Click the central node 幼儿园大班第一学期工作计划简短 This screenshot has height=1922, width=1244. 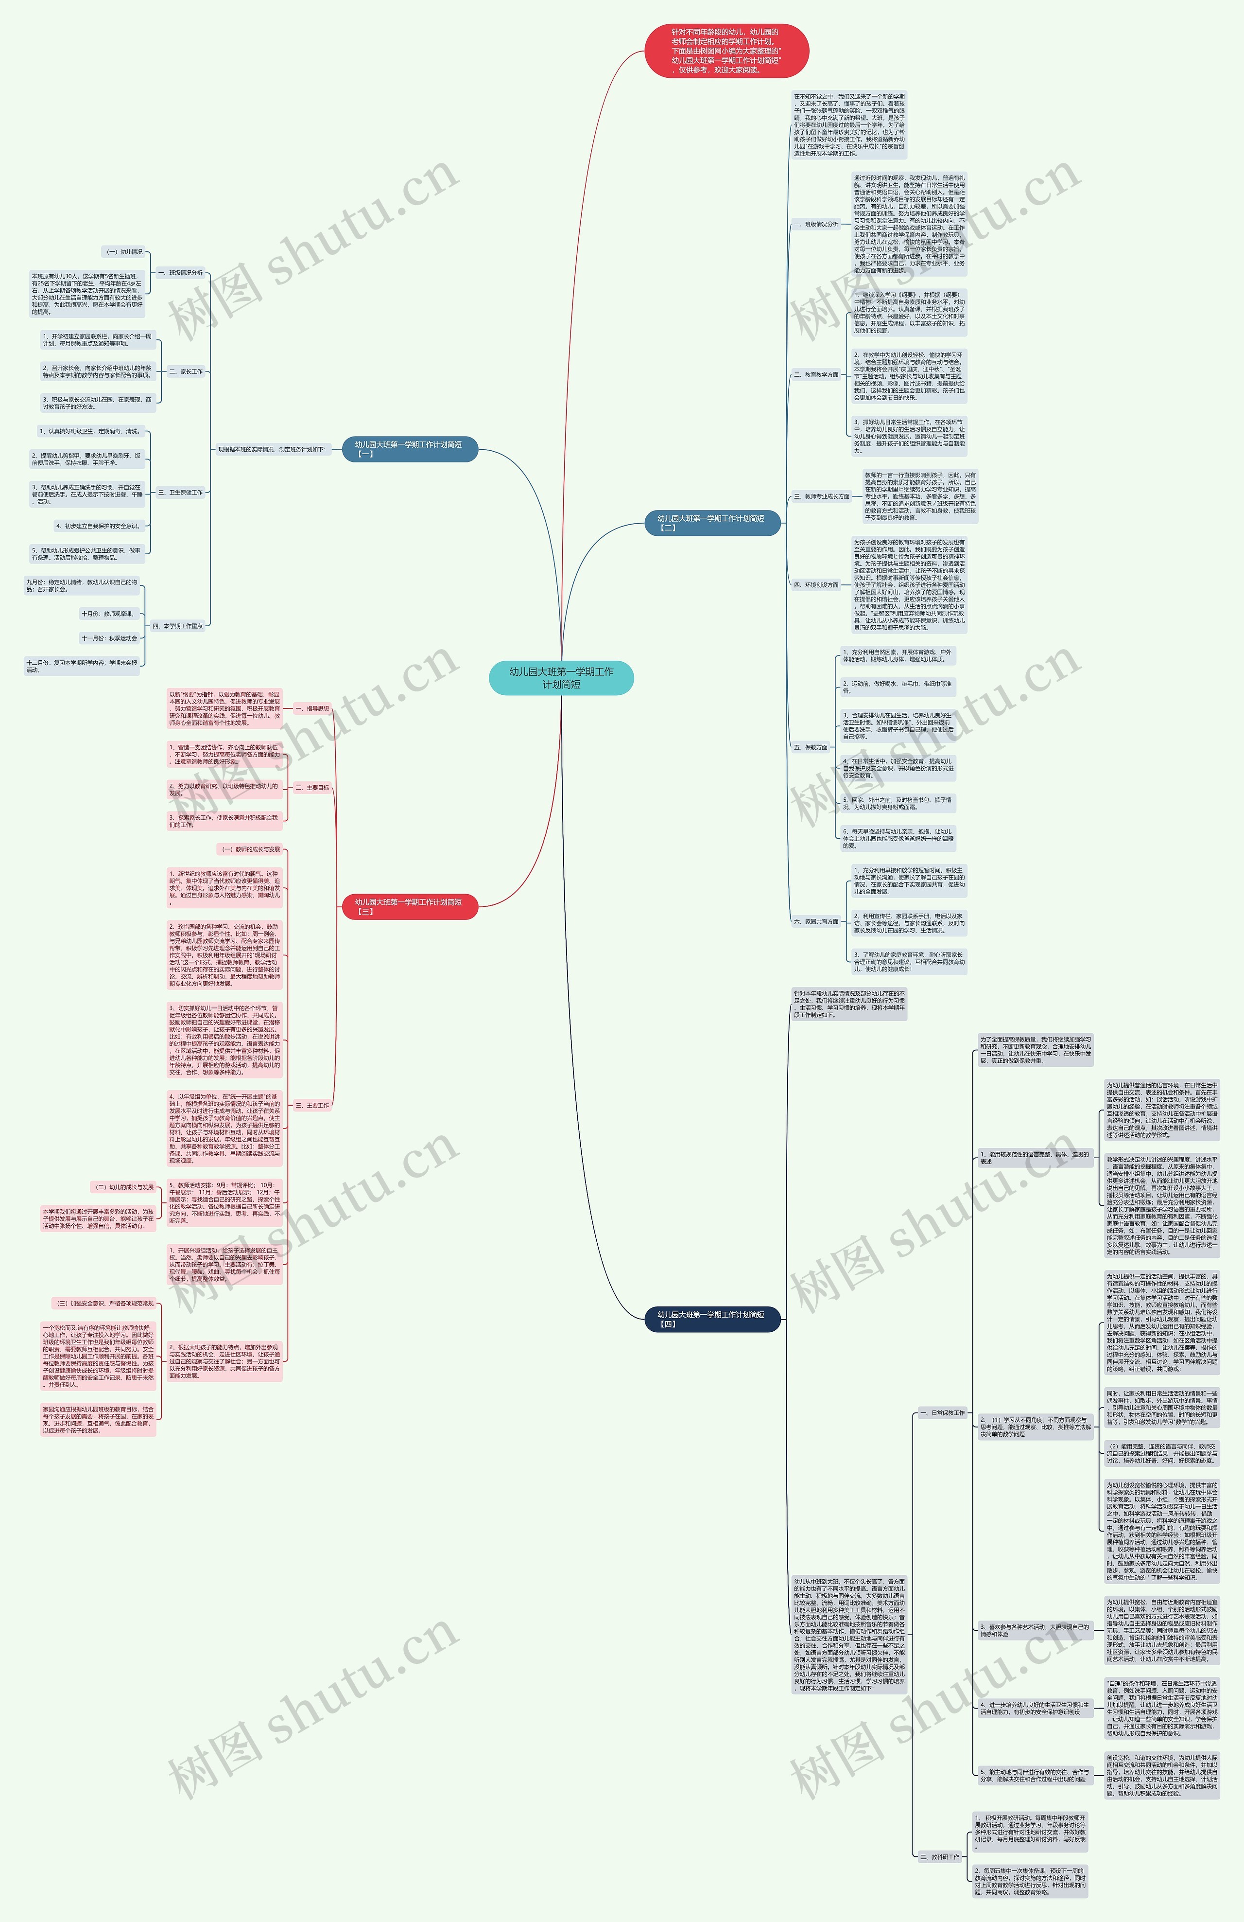pos(561,678)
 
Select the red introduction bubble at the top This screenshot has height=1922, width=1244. pos(726,51)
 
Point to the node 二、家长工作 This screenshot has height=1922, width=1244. pos(186,371)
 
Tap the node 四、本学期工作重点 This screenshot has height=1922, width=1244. pos(177,626)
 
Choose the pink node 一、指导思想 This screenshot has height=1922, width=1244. pos(311,708)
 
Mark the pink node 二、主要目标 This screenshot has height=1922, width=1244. pos(311,787)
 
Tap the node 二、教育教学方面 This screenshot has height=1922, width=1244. pos(815,375)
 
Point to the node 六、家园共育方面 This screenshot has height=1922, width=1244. pos(815,921)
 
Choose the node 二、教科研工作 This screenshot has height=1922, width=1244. pos(940,1856)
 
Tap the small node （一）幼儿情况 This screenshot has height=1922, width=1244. pos(125,252)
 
